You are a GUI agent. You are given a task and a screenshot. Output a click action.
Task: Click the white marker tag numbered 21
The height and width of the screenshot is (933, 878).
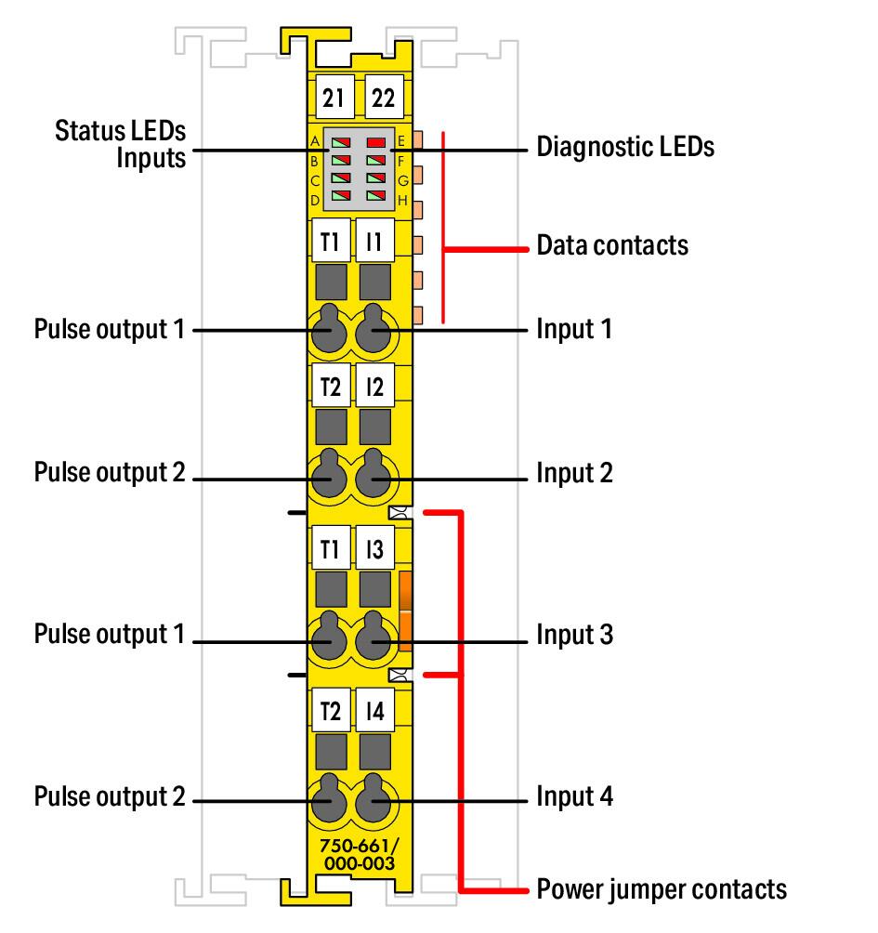point(334,97)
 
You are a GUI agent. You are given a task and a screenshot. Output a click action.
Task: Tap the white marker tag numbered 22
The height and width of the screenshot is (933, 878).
point(384,97)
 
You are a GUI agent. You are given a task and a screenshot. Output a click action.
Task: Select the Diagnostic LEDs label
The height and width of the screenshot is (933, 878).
point(625,147)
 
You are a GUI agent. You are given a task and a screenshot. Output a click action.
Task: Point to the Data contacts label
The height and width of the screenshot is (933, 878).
point(612,245)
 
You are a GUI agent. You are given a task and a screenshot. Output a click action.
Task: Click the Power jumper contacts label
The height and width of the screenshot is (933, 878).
point(662,889)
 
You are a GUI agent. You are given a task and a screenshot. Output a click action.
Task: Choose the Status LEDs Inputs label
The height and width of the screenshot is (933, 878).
point(120,145)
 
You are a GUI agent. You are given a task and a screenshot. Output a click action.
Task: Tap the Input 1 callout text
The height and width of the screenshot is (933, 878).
point(574,329)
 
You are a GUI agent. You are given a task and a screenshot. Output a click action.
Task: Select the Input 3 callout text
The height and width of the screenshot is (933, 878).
point(574,635)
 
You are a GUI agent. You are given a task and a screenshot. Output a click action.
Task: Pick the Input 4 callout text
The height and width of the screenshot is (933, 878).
point(574,796)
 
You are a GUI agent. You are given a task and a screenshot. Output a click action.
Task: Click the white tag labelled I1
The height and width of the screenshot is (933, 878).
point(374,241)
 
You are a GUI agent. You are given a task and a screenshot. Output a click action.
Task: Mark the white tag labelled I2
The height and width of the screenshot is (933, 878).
point(374,386)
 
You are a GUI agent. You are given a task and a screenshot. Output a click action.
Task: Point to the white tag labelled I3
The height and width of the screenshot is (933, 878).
point(374,547)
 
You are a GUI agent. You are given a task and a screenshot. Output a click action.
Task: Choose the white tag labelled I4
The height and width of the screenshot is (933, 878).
point(374,710)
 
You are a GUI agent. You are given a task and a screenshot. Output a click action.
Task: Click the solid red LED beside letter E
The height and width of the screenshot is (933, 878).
point(376,142)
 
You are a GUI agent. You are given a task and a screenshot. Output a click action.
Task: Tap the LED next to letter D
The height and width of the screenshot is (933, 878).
point(341,196)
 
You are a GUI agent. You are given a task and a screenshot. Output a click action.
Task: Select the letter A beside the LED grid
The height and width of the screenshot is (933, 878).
point(315,141)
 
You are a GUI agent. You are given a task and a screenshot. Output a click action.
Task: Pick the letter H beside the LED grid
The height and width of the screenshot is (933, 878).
point(402,200)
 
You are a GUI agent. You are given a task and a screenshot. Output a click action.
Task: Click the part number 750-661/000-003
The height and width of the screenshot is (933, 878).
point(360,854)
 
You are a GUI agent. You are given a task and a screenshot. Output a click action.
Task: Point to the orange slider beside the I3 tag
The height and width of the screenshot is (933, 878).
point(405,611)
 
